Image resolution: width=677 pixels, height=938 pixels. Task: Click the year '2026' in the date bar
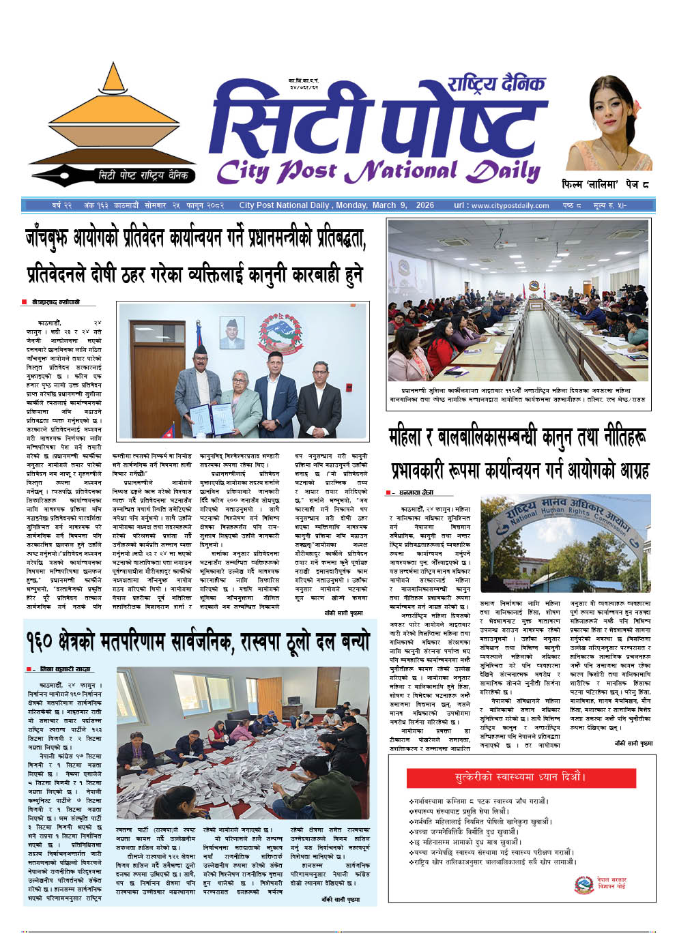(424, 205)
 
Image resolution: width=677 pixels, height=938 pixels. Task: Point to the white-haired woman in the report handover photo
(240, 402)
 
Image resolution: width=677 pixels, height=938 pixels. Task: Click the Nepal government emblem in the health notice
(584, 885)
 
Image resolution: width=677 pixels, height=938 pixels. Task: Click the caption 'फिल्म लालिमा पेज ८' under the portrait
(605, 185)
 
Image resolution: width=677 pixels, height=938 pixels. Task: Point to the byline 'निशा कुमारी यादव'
(66, 669)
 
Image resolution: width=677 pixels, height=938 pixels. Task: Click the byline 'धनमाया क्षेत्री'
(417, 493)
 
